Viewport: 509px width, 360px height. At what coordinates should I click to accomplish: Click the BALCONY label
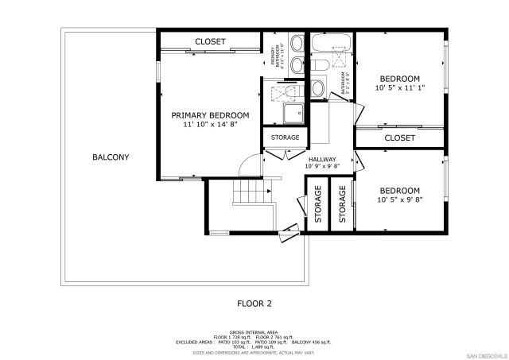point(110,157)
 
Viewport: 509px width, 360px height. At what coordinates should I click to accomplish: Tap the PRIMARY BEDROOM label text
point(210,115)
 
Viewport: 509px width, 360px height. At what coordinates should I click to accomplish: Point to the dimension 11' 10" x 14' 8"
point(210,125)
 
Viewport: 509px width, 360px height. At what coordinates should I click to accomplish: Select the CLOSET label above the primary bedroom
point(210,41)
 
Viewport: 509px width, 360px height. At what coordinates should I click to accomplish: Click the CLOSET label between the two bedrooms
point(399,138)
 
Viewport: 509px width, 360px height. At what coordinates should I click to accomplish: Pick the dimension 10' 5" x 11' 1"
point(399,88)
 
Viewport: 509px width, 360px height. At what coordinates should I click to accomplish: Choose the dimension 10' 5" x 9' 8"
point(399,200)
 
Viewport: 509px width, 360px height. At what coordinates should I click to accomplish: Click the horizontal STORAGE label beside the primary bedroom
point(285,137)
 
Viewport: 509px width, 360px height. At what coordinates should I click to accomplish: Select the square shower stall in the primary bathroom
point(290,113)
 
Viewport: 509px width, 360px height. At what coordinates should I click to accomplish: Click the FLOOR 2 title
point(254,303)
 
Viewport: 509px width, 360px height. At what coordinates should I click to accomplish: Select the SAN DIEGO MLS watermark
point(485,354)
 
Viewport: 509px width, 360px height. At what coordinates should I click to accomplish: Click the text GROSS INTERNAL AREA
point(254,332)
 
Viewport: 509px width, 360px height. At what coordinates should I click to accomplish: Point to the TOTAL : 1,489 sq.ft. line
point(254,346)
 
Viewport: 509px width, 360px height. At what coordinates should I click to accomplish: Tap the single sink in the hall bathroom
point(317,87)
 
